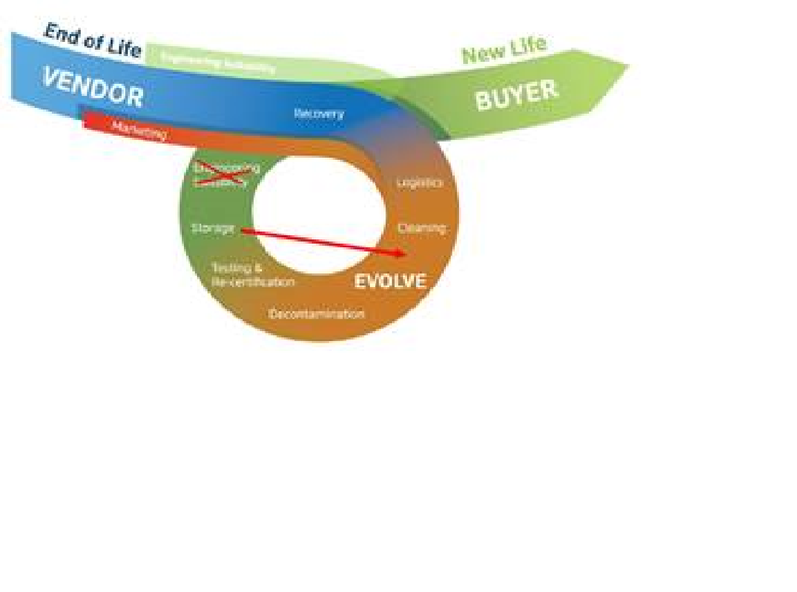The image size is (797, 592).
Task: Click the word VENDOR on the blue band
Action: pyautogui.click(x=93, y=87)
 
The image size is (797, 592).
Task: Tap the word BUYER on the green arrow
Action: pyautogui.click(x=516, y=94)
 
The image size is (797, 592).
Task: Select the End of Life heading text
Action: pyautogui.click(x=93, y=40)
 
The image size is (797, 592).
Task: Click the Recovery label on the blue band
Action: pyautogui.click(x=319, y=113)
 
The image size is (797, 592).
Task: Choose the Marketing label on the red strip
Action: pyautogui.click(x=139, y=129)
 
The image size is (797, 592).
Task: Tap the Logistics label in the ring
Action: pyautogui.click(x=420, y=182)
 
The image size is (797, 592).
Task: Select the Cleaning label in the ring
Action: pyautogui.click(x=421, y=228)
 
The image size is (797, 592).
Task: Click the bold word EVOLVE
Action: pyautogui.click(x=390, y=281)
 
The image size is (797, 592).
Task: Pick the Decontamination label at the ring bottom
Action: pyautogui.click(x=316, y=314)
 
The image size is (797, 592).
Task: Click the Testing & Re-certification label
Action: pyautogui.click(x=253, y=275)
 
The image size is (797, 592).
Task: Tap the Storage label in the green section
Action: pyautogui.click(x=213, y=228)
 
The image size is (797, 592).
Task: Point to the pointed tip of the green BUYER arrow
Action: pyautogui.click(x=627, y=65)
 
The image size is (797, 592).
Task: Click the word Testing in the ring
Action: pyautogui.click(x=231, y=268)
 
